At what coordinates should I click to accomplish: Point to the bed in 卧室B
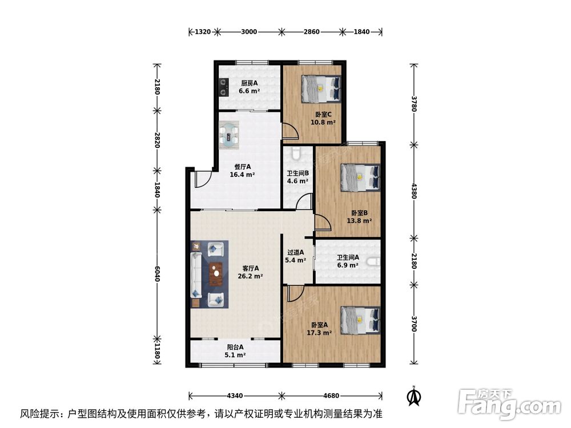(x=360, y=176)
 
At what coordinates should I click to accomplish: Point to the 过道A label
(x=295, y=252)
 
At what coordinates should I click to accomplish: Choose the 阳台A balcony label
(x=235, y=346)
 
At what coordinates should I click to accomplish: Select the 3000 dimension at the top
(x=248, y=32)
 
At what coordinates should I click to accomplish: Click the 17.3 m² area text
(x=319, y=333)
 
